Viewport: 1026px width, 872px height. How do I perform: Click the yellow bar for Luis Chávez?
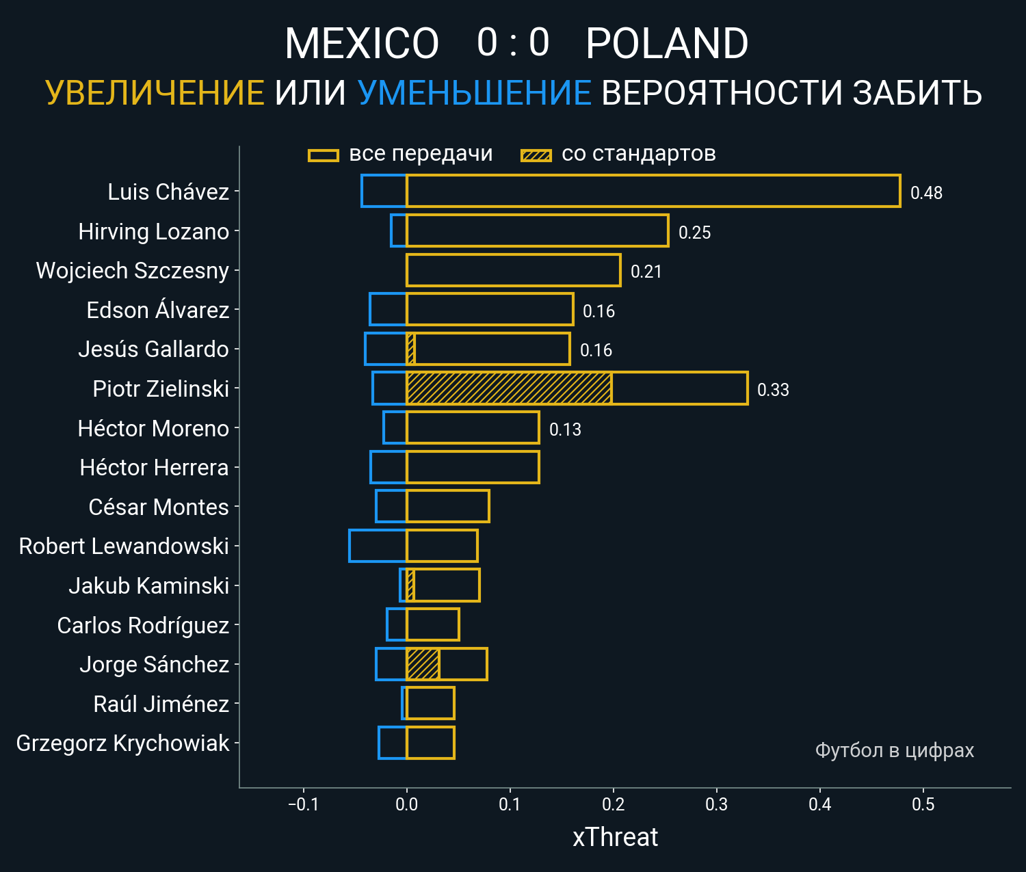coord(653,191)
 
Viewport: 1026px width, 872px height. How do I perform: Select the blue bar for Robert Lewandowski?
coord(378,546)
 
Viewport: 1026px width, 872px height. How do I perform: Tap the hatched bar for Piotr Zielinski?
coord(509,388)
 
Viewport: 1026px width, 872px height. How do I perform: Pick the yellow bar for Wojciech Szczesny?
coord(513,270)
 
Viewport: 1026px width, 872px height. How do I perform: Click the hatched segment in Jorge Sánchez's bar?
coord(423,664)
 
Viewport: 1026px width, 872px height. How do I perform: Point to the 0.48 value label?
coord(926,193)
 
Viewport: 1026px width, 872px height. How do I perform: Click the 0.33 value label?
coord(773,390)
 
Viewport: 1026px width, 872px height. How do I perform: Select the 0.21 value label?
coord(646,272)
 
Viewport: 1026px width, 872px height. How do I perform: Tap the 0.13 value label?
coord(565,430)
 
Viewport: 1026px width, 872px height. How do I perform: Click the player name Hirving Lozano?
coord(154,232)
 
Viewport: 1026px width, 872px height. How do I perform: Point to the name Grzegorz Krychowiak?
coord(122,743)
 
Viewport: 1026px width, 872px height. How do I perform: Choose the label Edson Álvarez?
coord(158,311)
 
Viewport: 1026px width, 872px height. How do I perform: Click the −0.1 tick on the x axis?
coord(303,804)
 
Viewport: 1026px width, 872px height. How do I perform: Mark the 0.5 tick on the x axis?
coord(923,804)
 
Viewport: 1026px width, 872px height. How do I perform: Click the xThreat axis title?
coord(615,837)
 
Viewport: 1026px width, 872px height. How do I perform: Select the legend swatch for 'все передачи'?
coord(324,155)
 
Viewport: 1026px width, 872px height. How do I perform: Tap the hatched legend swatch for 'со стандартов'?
coord(536,155)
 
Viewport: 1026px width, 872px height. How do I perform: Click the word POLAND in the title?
coord(667,44)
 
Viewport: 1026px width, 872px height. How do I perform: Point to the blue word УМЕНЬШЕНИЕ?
coord(474,93)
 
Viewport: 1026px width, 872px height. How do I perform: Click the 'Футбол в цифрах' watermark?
coord(894,750)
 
